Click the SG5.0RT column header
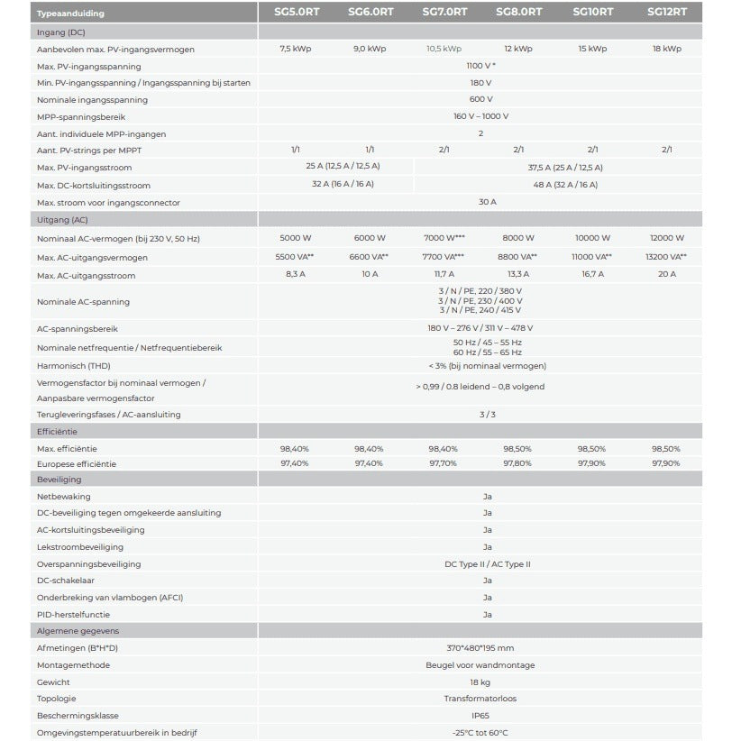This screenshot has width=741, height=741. pos(296,13)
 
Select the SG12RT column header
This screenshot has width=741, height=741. pos(666,13)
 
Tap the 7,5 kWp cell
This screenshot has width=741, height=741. pos(296,49)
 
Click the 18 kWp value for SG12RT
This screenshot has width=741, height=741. pos(666,49)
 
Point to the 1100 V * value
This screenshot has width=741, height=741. pos(481,66)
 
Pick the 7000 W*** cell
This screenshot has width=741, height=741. pos(444,238)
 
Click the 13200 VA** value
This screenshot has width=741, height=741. pos(666,257)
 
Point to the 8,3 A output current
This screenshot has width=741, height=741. pos(296,274)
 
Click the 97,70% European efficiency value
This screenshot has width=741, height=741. pos(444,463)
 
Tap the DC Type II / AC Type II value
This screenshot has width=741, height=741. pos(487,563)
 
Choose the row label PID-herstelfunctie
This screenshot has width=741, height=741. pos(74,614)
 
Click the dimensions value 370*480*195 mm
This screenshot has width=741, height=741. pos(480,648)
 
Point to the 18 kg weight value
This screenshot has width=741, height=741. pos(480,682)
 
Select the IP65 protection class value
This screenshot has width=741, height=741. pos(480,716)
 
